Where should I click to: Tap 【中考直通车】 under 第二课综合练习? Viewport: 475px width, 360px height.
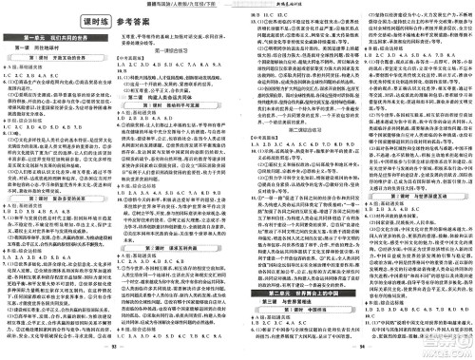click(259, 159)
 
